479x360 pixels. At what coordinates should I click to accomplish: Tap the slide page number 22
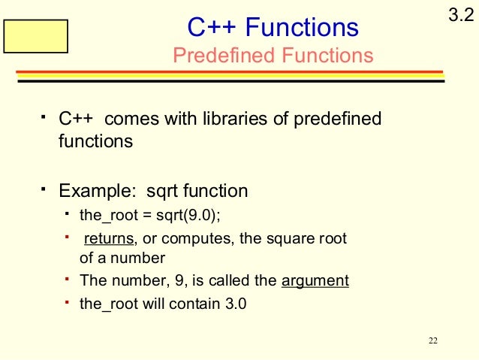pyautogui.click(x=432, y=342)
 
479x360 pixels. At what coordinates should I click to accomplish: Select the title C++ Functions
pyautogui.click(x=273, y=28)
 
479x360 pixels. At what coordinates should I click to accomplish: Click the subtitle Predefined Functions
pyautogui.click(x=273, y=56)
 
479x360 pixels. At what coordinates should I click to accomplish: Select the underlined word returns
pyautogui.click(x=109, y=239)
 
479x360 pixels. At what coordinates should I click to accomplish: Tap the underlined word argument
pyautogui.click(x=315, y=281)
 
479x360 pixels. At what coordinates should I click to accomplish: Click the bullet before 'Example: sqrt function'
pyautogui.click(x=44, y=187)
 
